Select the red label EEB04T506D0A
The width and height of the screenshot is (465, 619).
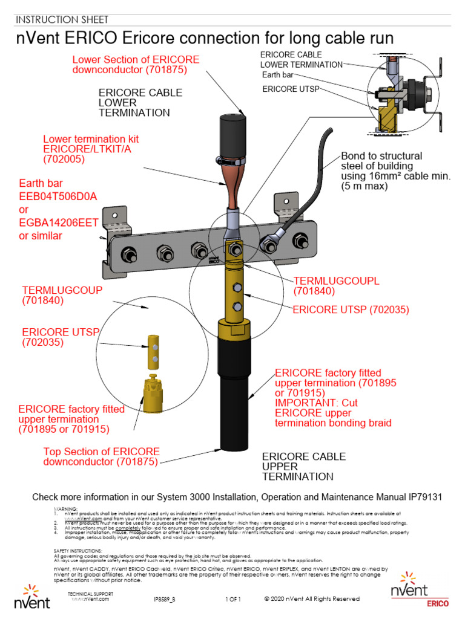click(x=58, y=196)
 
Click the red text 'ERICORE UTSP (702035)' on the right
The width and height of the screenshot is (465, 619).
click(x=351, y=309)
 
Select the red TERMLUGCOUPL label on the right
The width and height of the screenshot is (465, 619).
click(x=336, y=281)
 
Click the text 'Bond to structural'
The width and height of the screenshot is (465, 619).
click(x=381, y=156)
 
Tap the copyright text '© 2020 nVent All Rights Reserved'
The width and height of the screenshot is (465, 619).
click(x=312, y=598)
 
